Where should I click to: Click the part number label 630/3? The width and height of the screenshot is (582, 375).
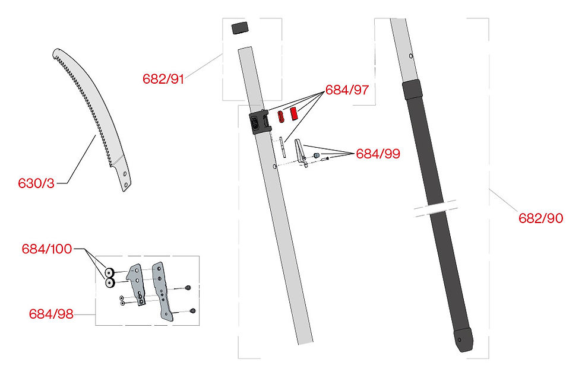coord(36,183)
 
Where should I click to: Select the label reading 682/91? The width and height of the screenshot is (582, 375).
coord(163,79)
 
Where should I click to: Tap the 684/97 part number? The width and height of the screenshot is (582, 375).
coord(347,91)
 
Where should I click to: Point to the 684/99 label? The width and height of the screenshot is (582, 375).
coord(378,154)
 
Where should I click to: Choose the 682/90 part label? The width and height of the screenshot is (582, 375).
coord(540,218)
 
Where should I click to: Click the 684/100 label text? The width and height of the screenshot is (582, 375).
coord(47,249)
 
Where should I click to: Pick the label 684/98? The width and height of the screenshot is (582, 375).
coord(52,314)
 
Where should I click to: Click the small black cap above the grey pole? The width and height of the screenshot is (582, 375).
coord(238,28)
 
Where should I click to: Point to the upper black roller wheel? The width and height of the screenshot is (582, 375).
coord(110,273)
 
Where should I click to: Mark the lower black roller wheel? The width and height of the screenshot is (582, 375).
coord(110,283)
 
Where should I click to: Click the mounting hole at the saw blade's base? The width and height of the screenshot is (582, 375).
coord(125,174)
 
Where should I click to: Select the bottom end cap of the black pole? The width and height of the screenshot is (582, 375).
coord(461,341)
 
